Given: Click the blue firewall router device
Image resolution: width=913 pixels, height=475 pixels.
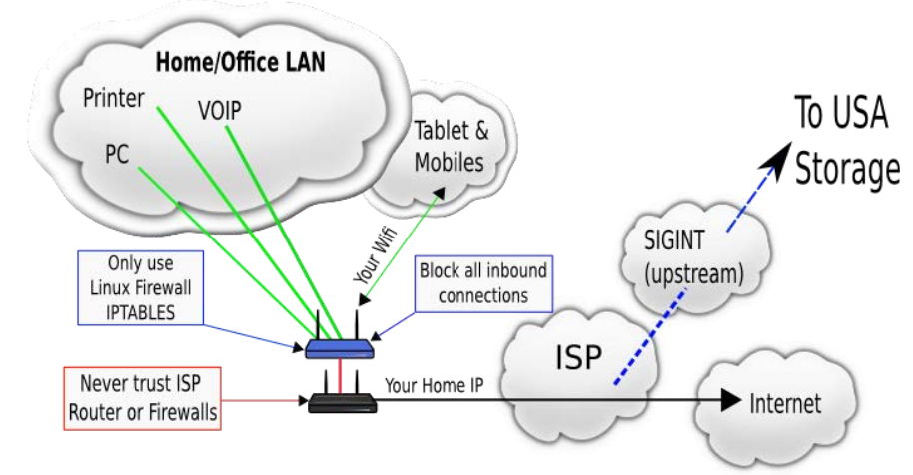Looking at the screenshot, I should coord(340,348).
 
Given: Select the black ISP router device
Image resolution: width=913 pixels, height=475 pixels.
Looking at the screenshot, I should coord(342,402).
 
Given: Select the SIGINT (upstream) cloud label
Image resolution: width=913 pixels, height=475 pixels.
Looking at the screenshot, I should coord(693,257).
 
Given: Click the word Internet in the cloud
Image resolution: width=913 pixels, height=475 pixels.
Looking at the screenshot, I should coord(785,402).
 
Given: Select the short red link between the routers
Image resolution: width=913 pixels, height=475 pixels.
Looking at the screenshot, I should coord(340,375).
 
